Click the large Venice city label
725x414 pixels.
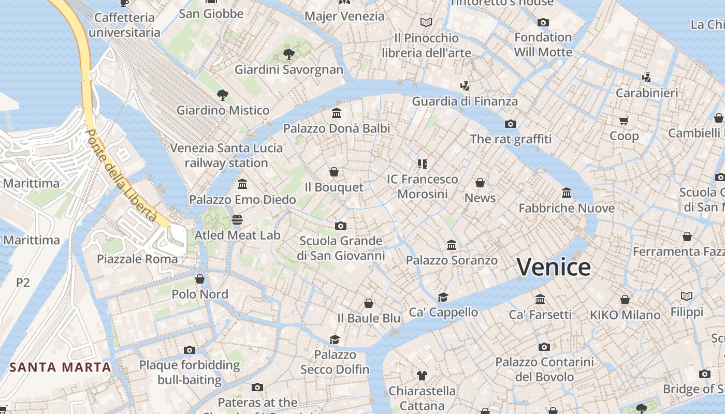[x=554, y=267]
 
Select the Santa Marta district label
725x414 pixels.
[x=60, y=367]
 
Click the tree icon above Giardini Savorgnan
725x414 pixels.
[x=289, y=54]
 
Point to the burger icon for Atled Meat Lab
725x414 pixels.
[x=237, y=220]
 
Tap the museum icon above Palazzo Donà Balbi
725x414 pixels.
[x=337, y=113]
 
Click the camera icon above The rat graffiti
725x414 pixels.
[x=511, y=124]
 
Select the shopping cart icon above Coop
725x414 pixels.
[x=624, y=121]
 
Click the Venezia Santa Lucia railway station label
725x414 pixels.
[x=227, y=155]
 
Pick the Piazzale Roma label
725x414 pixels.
[x=137, y=259]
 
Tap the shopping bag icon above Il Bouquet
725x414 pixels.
[x=334, y=171]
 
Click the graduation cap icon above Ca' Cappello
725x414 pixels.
[x=443, y=297]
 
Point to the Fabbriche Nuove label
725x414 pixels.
[x=567, y=208]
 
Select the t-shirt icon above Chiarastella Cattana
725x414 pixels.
[x=422, y=375]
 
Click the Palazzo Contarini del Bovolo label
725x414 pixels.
[x=544, y=369]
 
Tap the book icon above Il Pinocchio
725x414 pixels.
[x=426, y=22]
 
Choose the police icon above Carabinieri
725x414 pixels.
[x=646, y=78]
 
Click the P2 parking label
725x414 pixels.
[x=23, y=283]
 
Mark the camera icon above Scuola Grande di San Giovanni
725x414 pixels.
[x=340, y=226]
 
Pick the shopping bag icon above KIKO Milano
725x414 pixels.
[x=625, y=300]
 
